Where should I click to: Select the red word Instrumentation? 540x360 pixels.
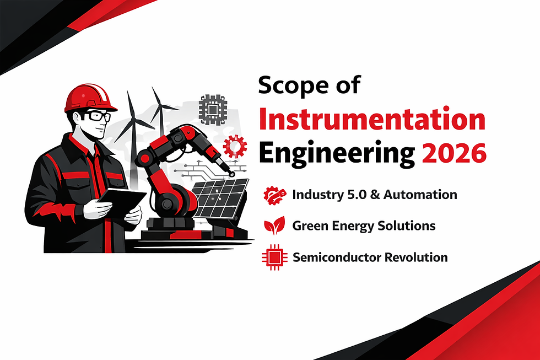(372, 120)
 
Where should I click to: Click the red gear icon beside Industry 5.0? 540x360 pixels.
(274, 195)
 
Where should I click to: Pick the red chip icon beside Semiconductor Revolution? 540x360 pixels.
(274, 257)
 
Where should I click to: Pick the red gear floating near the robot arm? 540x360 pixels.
(235, 147)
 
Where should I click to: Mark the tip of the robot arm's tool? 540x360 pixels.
(232, 174)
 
